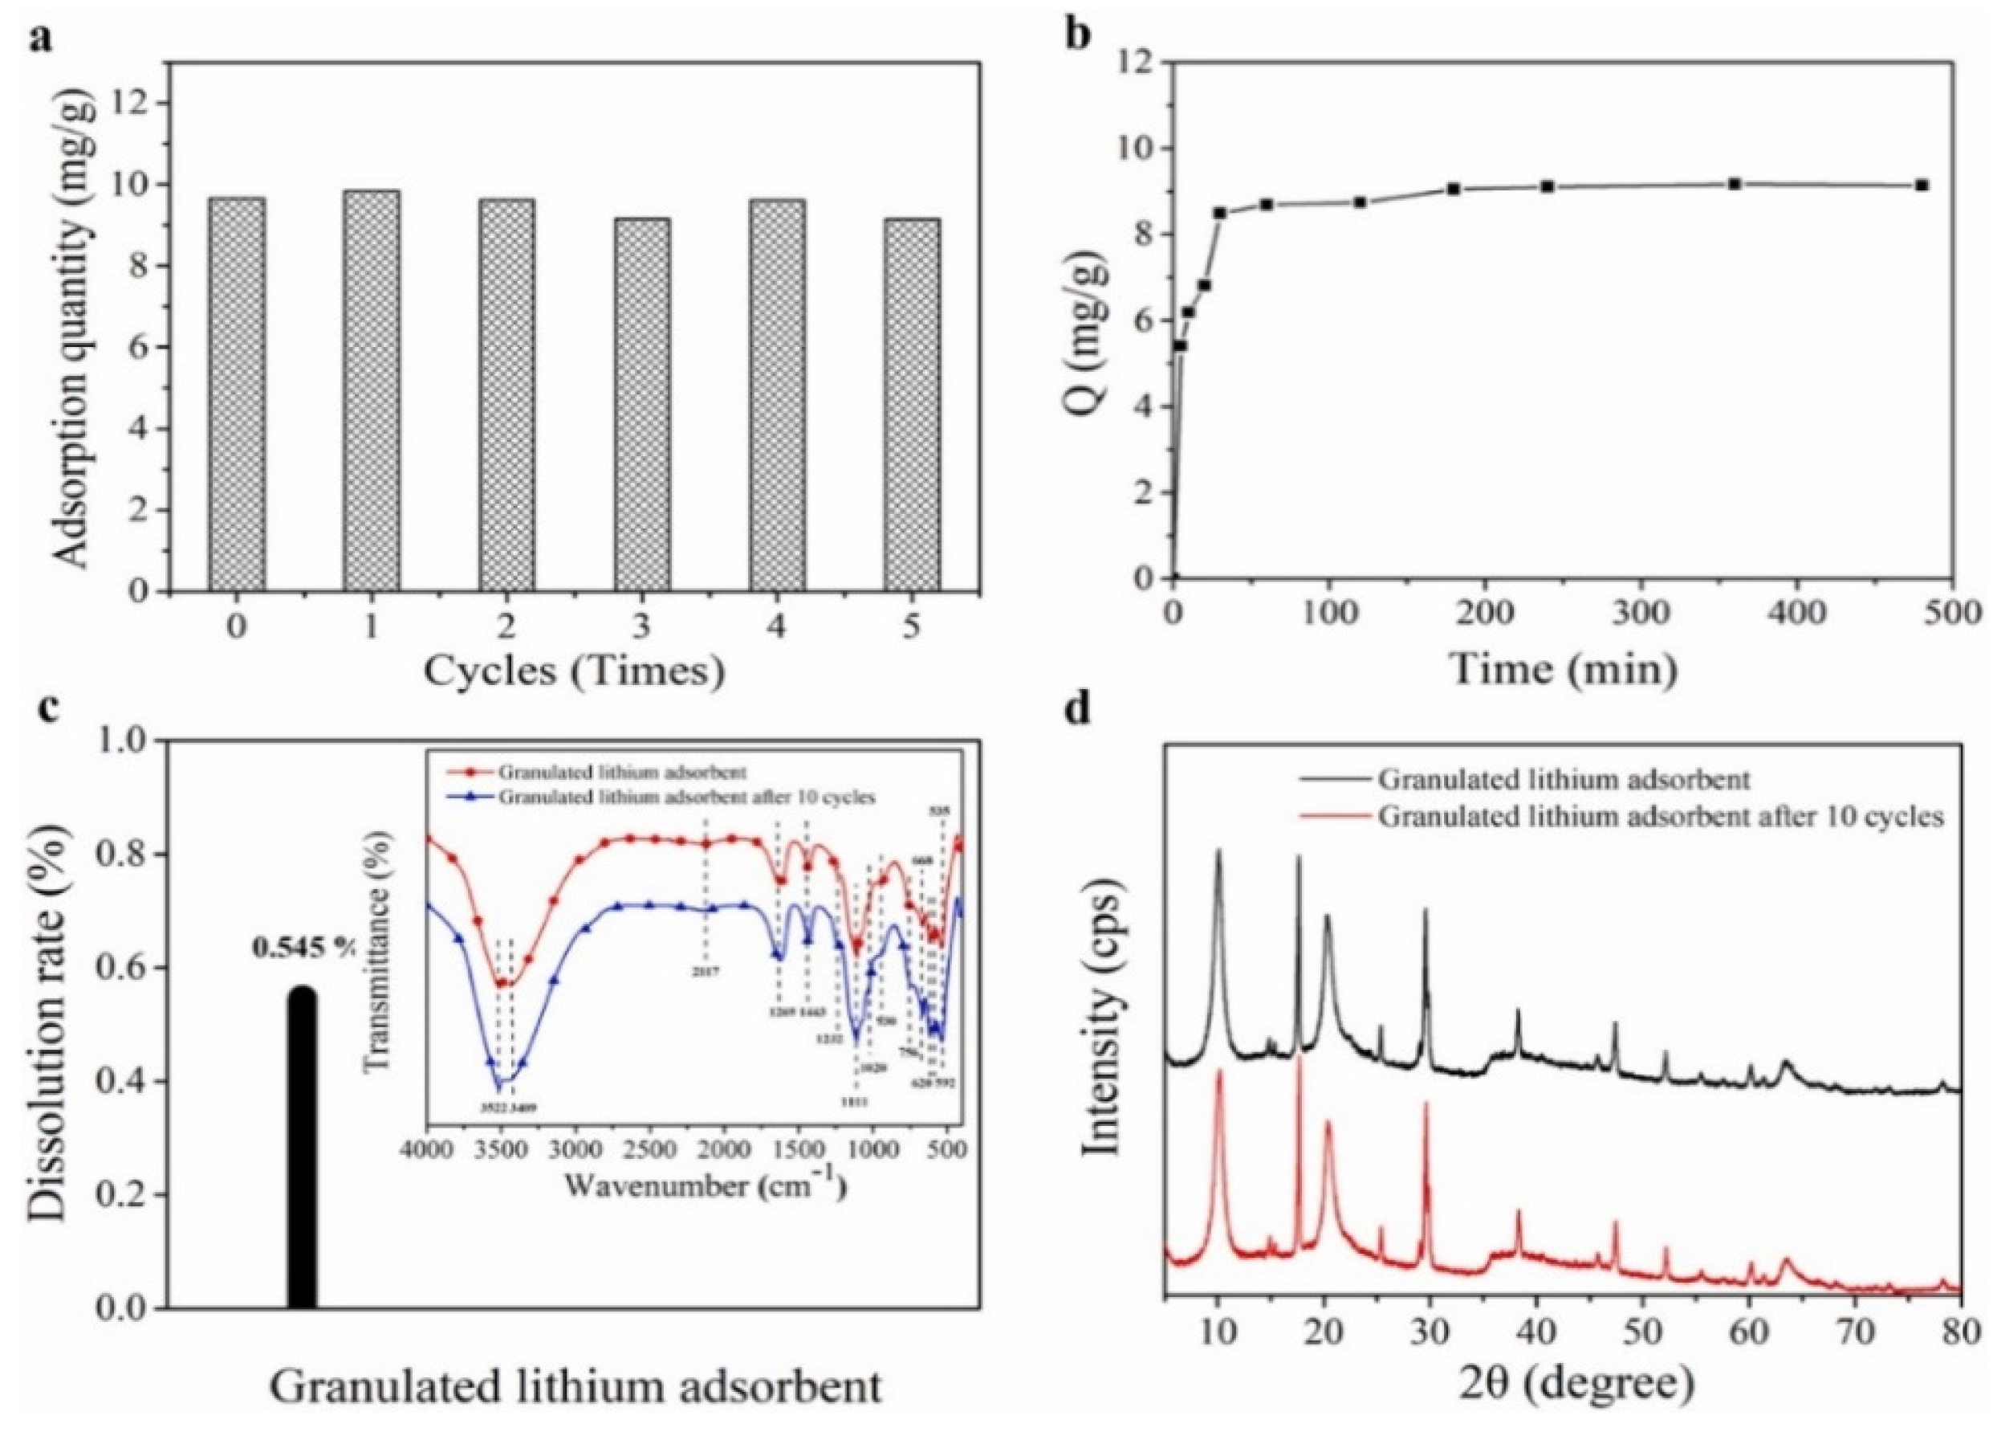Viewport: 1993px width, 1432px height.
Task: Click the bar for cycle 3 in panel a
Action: click(x=641, y=404)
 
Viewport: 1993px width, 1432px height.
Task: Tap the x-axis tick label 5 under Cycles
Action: click(x=911, y=626)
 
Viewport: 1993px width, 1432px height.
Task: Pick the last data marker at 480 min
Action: click(x=1922, y=186)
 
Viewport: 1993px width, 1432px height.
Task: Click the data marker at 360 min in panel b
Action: click(x=1735, y=184)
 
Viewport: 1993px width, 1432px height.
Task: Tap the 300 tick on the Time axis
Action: click(x=1641, y=613)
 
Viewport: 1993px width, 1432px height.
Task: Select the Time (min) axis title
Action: click(x=1564, y=670)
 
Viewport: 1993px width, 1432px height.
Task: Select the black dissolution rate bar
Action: click(x=302, y=1152)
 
